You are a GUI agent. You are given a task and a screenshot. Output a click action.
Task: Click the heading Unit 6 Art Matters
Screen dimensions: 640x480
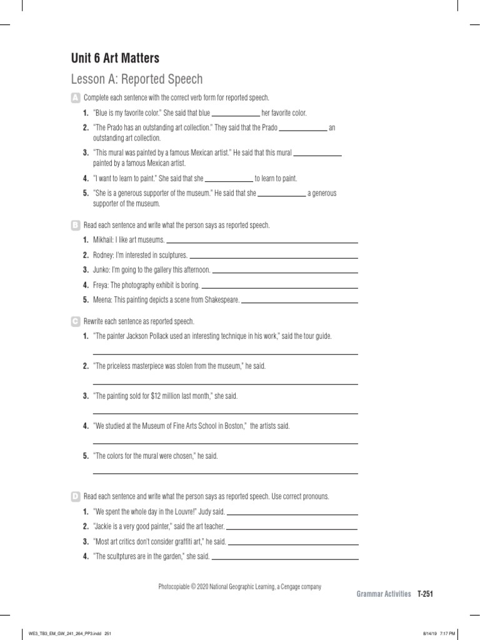coord(115,58)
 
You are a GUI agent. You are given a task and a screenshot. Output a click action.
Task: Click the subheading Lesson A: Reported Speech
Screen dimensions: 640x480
coord(137,79)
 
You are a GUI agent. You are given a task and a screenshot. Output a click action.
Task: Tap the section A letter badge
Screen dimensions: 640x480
coord(76,98)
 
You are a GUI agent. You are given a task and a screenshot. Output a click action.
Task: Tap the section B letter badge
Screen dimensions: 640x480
coord(76,224)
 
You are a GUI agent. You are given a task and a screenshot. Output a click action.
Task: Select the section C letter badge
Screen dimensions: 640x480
coord(76,321)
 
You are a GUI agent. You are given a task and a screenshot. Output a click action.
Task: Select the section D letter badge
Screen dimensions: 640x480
coord(76,496)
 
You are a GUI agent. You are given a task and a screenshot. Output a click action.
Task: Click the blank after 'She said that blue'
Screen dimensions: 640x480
coord(236,114)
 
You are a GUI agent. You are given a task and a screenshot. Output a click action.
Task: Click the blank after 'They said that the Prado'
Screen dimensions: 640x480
coord(302,128)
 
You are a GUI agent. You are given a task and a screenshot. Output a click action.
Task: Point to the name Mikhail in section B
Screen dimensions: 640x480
coord(104,240)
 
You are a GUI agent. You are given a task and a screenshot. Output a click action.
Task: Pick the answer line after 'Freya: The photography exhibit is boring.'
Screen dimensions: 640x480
coord(280,286)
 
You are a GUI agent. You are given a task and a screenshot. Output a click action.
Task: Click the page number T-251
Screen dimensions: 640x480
coord(425,594)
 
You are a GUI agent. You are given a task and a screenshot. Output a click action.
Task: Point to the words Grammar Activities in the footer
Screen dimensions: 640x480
coord(384,594)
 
